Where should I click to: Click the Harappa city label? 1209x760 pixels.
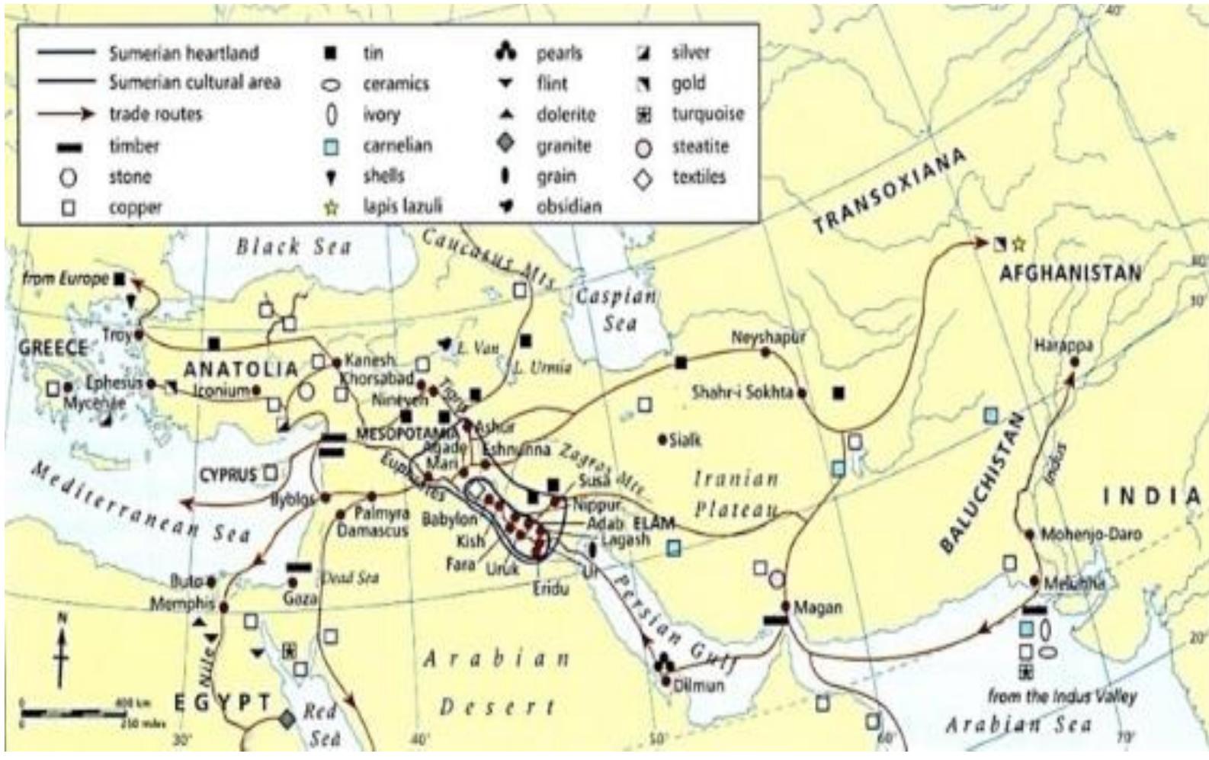1063,345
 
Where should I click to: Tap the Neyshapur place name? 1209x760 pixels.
768,337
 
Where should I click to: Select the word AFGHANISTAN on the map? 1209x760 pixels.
1070,273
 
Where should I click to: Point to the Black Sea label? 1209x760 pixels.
293,246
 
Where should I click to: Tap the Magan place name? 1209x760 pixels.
818,608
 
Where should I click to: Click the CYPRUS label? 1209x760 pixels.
228,475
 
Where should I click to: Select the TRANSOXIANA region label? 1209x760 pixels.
889,191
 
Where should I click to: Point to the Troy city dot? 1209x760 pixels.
139,334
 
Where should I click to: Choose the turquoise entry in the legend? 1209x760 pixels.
707,114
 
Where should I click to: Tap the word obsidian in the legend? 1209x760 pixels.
569,207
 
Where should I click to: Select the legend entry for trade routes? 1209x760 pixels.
156,114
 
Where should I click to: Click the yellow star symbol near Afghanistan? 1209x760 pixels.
1019,244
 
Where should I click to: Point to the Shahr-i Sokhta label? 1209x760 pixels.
742,393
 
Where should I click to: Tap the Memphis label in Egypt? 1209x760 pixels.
182,604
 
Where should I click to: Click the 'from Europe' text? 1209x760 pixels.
66,279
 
